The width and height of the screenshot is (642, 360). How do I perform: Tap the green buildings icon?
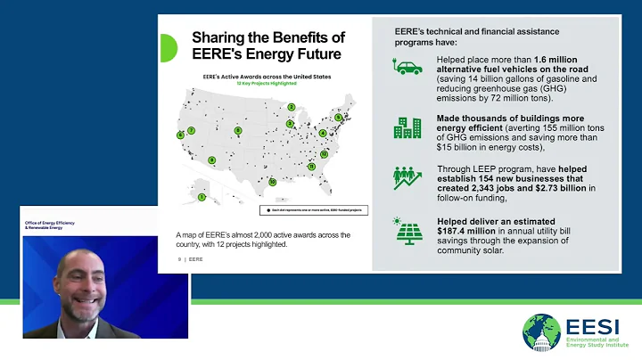click(407, 127)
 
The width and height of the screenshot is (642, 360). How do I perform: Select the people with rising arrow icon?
click(407, 177)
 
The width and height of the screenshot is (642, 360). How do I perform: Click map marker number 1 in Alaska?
click(202, 196)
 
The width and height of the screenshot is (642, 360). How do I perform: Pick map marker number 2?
click(291, 107)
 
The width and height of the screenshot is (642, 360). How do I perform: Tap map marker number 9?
click(212, 160)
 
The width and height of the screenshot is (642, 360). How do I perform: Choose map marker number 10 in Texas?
click(273, 182)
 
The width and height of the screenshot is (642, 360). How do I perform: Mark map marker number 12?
click(324, 152)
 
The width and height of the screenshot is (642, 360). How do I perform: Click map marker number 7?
click(191, 131)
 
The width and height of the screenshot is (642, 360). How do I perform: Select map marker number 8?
click(238, 131)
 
